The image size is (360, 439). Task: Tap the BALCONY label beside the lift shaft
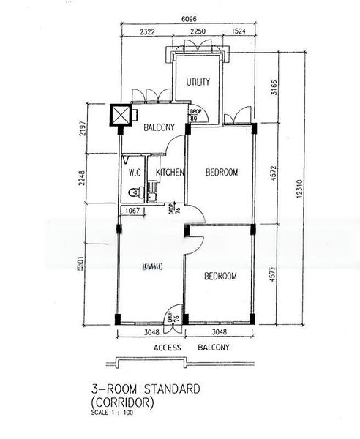[159, 128]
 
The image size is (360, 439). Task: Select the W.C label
[134, 173]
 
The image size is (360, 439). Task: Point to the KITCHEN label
[169, 173]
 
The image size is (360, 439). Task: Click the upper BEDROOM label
[221, 173]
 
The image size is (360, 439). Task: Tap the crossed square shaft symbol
[119, 115]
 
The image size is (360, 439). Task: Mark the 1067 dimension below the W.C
[132, 211]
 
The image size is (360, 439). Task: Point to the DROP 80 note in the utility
[194, 115]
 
